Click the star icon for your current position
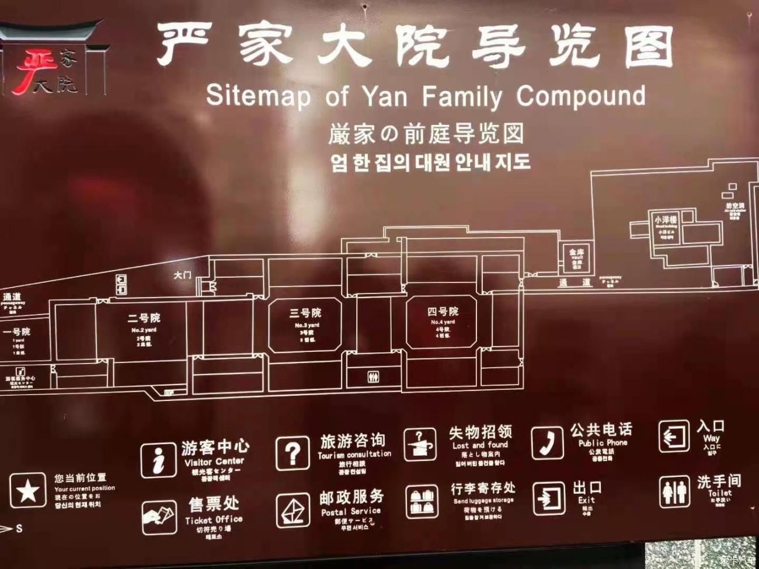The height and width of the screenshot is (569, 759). point(27,491)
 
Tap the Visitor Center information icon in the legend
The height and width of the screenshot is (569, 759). point(158,459)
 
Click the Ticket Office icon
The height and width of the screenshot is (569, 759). point(159,517)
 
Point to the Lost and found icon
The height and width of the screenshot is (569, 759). point(420,445)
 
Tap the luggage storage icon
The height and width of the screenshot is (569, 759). point(422,501)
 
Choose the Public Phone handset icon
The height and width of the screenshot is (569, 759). point(547,443)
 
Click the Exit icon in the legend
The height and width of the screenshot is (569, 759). point(548,498)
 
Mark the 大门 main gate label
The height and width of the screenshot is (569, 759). point(182,274)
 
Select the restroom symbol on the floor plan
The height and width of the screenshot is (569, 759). point(374,378)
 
